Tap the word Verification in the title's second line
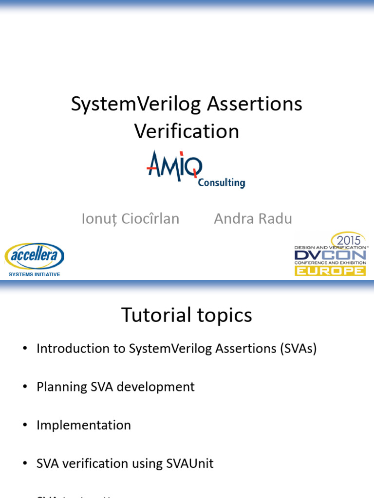click(x=187, y=131)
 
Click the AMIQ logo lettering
click(x=174, y=165)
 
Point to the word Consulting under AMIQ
click(x=221, y=183)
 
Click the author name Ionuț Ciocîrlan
click(x=131, y=219)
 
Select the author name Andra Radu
click(x=253, y=219)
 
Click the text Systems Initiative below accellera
click(x=35, y=274)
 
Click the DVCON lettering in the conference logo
click(x=330, y=255)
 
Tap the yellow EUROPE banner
click(x=330, y=270)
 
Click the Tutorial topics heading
click(x=187, y=315)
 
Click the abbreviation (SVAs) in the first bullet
click(x=299, y=349)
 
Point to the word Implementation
click(x=84, y=425)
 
